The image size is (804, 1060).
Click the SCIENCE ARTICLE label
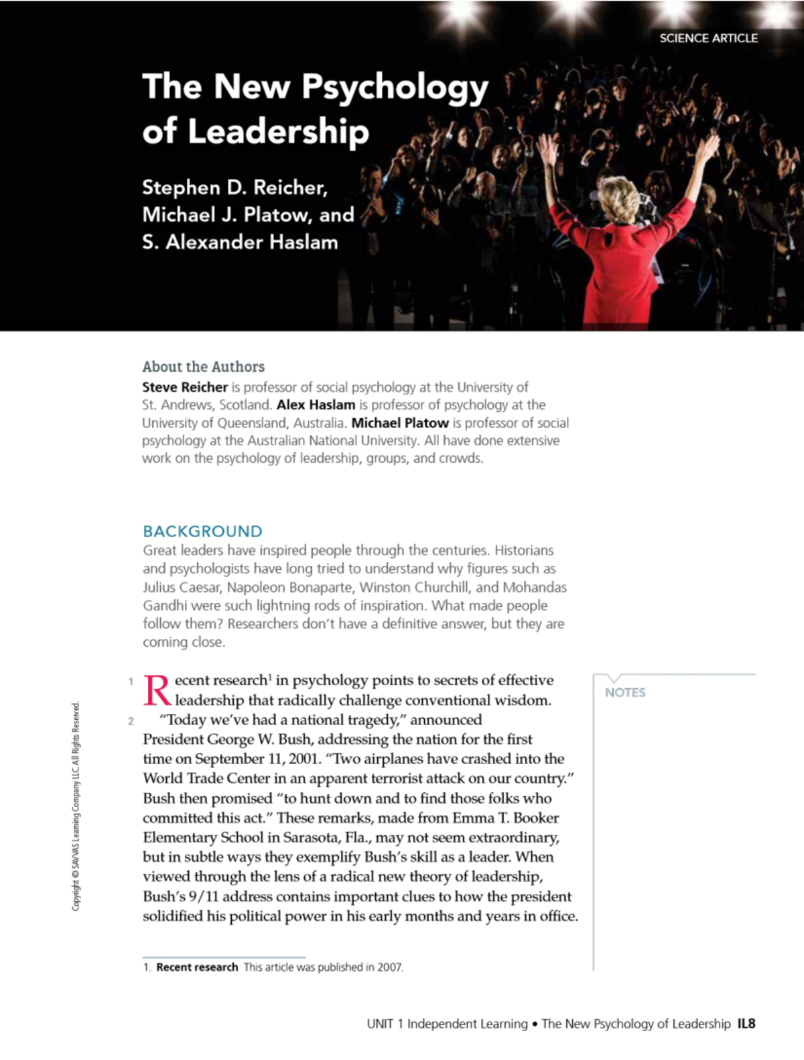point(708,38)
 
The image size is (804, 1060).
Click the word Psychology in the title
point(395,88)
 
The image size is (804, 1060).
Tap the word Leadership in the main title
point(278,131)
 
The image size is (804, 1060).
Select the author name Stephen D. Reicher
point(234,187)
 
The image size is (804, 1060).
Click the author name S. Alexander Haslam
point(240,242)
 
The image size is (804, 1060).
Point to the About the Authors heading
point(203,367)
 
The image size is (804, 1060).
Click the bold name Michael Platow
point(400,423)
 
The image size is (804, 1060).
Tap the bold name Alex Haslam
point(316,405)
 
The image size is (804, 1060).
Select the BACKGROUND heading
point(202,532)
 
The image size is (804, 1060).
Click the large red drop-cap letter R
point(157,690)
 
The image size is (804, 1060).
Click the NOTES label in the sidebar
point(625,692)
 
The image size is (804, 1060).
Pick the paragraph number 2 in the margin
point(131,721)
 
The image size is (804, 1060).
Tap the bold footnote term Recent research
point(197,968)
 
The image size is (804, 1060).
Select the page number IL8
point(746,1024)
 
